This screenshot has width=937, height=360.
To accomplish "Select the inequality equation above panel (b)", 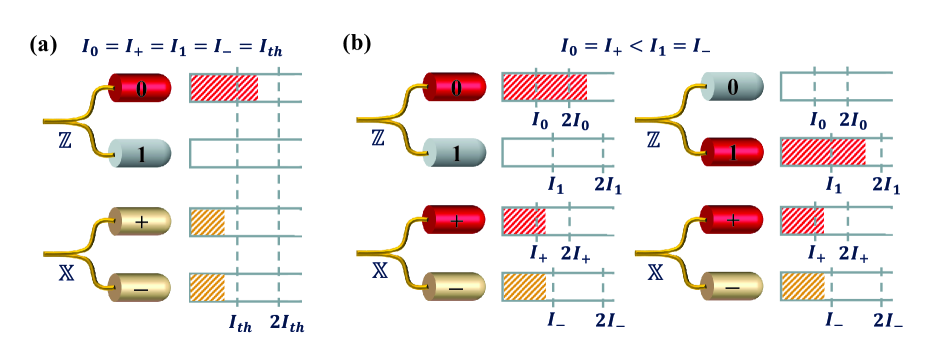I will (634, 46).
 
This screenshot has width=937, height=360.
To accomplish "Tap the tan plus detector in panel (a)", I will (140, 223).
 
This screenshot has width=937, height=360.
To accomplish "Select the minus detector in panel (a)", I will (140, 286).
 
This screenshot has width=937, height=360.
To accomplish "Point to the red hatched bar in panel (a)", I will (223, 88).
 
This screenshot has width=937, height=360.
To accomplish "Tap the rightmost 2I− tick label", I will (887, 320).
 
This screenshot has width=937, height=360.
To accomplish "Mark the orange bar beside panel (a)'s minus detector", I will (206, 287).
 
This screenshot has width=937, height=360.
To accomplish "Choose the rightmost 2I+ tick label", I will (853, 257).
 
